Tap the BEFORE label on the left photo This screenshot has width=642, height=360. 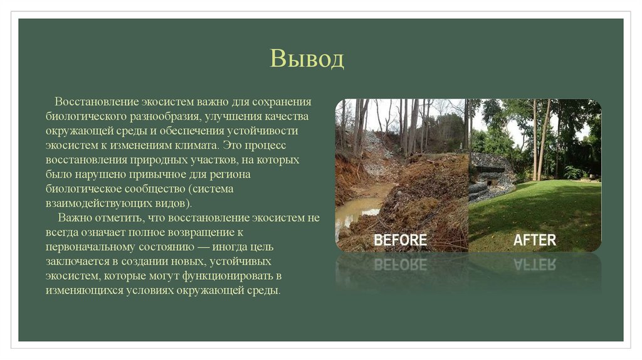(x=400, y=240)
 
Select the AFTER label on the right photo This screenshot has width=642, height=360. (x=534, y=240)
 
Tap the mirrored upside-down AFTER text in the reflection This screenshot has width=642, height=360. (x=534, y=264)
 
